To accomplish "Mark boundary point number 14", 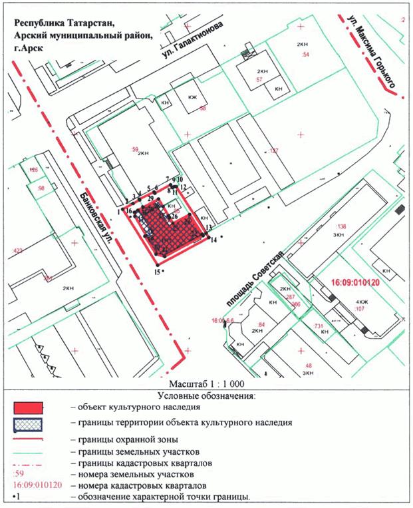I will (213, 240).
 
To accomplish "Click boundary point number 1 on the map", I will (119, 211).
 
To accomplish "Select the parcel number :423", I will (17, 251).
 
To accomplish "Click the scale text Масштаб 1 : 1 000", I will (207, 384).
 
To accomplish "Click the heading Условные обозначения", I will (207, 395).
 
